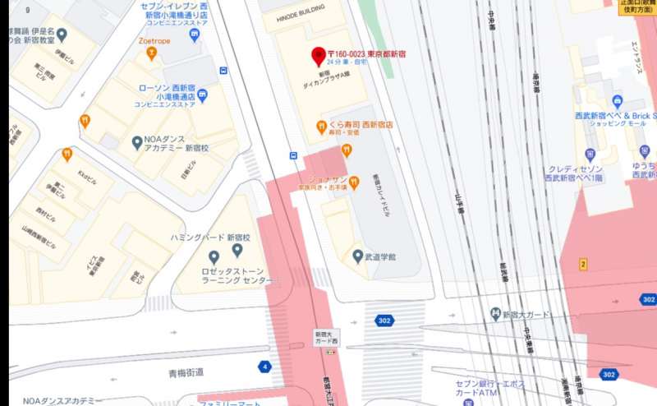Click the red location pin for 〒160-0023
319,57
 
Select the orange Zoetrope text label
154,39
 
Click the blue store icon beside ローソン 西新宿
202,96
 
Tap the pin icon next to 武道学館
357,256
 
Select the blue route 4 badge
264,367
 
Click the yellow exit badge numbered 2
583,264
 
